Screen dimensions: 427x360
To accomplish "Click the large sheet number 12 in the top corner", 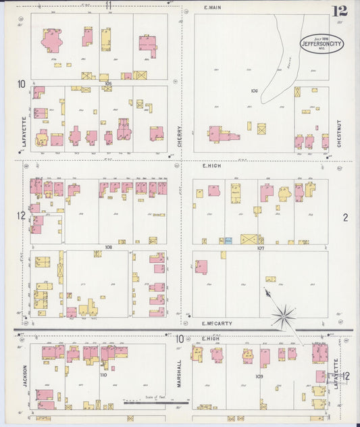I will coord(339,11).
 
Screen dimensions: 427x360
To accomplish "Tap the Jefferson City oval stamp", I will coord(322,44).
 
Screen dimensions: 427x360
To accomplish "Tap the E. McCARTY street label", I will coord(217,324).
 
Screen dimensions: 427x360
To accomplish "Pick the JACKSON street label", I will coord(25,377).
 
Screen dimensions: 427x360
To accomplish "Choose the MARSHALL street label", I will coord(180,374).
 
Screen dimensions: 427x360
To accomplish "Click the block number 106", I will coord(254,90).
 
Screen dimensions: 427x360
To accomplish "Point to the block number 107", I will coord(260,248).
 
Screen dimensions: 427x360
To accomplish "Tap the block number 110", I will coord(103,374).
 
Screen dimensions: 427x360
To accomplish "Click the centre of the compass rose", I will coord(284,315).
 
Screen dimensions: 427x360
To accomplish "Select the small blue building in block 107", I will coord(228,240).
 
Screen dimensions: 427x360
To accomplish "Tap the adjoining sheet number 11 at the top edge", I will coord(108,5).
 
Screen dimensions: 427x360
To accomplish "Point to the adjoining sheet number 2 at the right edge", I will coord(345,217).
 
